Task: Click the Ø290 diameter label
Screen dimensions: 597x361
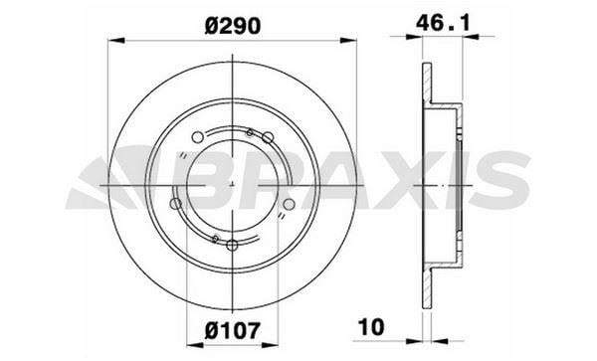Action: point(233,27)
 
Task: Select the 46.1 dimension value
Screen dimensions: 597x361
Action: point(443,23)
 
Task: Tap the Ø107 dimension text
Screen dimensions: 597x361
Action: point(233,330)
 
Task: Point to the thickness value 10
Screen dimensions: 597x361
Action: point(371,327)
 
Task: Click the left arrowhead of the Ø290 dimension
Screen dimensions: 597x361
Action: point(116,41)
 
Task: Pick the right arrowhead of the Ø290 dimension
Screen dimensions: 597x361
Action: point(348,41)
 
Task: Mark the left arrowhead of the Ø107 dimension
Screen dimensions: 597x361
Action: point(195,345)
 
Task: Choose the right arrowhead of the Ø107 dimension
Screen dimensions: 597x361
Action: point(270,345)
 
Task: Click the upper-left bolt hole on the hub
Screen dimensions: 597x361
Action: point(197,137)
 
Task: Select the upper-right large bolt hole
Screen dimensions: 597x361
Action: point(268,137)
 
